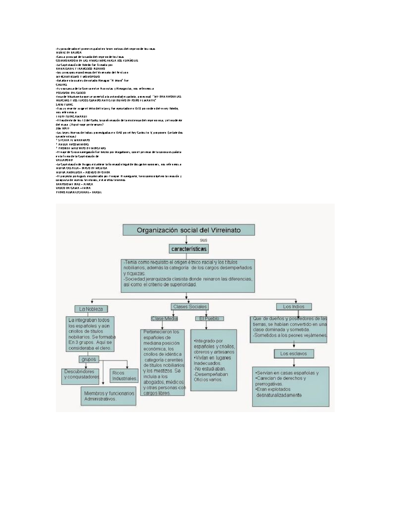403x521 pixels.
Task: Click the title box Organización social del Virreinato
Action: click(x=188, y=230)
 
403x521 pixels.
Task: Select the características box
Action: click(x=189, y=249)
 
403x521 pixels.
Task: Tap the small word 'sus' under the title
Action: click(x=204, y=240)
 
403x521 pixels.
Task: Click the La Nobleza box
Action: click(x=91, y=309)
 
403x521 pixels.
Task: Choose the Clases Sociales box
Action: click(x=190, y=306)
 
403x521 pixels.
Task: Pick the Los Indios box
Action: click(x=294, y=306)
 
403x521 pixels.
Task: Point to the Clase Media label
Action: click(x=164, y=318)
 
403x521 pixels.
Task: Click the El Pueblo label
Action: click(x=209, y=318)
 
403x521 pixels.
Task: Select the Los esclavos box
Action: click(x=294, y=354)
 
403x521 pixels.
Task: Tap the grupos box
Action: click(x=89, y=359)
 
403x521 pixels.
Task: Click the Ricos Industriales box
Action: click(x=124, y=376)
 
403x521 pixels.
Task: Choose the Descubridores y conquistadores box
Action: click(x=82, y=374)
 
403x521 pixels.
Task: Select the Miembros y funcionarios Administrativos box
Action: click(x=109, y=396)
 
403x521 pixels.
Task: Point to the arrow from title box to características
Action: click(x=186, y=240)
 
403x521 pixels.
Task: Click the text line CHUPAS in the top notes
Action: click(x=61, y=85)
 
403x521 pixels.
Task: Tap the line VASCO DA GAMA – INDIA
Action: click(x=73, y=188)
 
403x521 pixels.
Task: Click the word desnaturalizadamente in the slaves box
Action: click(x=279, y=395)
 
